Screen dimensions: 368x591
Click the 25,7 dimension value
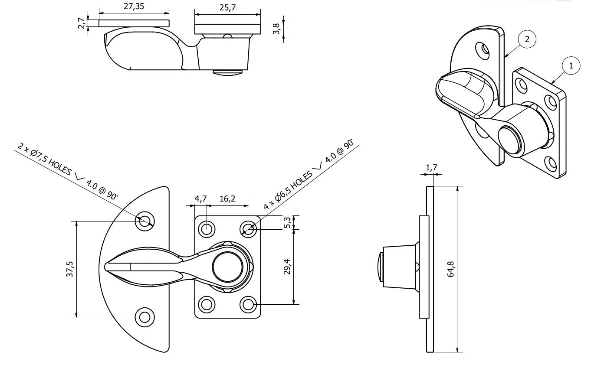coord(227,8)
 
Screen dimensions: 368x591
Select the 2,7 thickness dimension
coord(80,23)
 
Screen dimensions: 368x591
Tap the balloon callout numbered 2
coord(527,39)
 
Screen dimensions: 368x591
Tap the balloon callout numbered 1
coord(571,65)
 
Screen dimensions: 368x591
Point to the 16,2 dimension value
coord(227,199)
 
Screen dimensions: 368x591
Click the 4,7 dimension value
coord(200,199)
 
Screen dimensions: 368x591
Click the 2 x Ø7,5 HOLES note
coord(67,171)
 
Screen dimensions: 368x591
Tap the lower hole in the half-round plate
coord(144,317)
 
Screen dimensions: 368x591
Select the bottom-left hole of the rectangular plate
coord(207,304)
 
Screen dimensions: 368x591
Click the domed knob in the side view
coord(379,267)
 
